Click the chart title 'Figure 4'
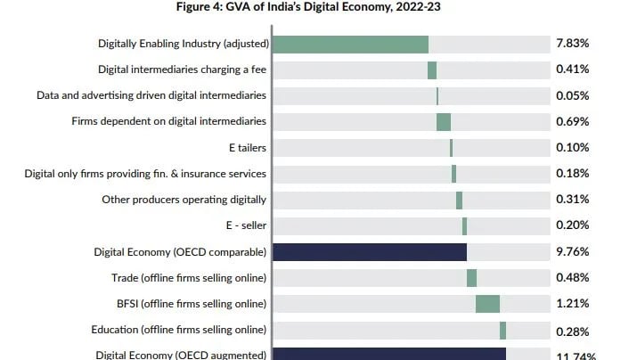click(x=318, y=8)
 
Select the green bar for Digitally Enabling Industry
click(x=350, y=45)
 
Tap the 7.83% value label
click(x=572, y=44)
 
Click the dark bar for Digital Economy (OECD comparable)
click(x=369, y=252)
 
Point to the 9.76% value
click(x=572, y=252)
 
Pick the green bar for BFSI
click(x=487, y=304)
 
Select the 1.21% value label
click(x=572, y=304)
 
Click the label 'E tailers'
click(x=247, y=148)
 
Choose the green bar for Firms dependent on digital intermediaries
click(x=443, y=122)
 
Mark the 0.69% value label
click(x=572, y=122)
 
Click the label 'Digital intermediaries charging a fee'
click(x=182, y=70)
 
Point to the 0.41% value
click(x=572, y=70)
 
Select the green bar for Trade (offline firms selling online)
click(x=471, y=278)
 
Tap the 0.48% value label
click(x=572, y=278)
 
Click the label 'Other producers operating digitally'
click(x=184, y=200)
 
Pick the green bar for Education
click(x=502, y=331)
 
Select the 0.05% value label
click(x=572, y=96)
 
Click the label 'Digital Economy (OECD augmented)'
click(x=181, y=355)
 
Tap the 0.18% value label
click(x=572, y=174)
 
